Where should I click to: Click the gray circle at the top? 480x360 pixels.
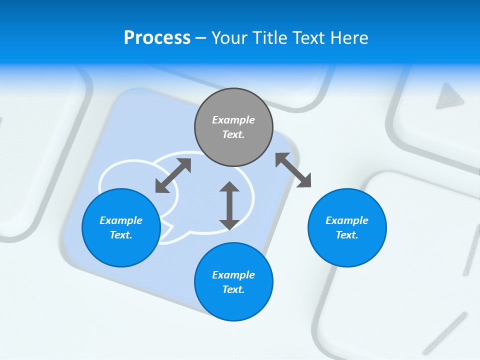pyautogui.click(x=233, y=127)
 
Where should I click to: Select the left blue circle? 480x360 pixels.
pyautogui.click(x=121, y=227)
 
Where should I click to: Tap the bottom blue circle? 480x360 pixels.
pyautogui.click(x=233, y=282)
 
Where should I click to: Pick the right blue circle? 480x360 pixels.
pyautogui.click(x=347, y=227)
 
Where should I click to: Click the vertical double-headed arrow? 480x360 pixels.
pyautogui.click(x=229, y=205)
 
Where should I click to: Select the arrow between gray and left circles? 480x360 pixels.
pyautogui.click(x=173, y=175)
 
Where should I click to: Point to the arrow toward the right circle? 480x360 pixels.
pyautogui.click(x=293, y=170)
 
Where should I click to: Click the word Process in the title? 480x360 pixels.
pyautogui.click(x=157, y=38)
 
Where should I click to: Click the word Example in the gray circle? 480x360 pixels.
pyautogui.click(x=233, y=120)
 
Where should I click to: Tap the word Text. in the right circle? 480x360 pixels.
pyautogui.click(x=347, y=235)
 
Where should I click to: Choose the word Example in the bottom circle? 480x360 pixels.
pyautogui.click(x=233, y=275)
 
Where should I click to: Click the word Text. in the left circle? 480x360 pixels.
pyautogui.click(x=121, y=235)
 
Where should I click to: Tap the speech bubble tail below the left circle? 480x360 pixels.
pyautogui.click(x=167, y=234)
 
